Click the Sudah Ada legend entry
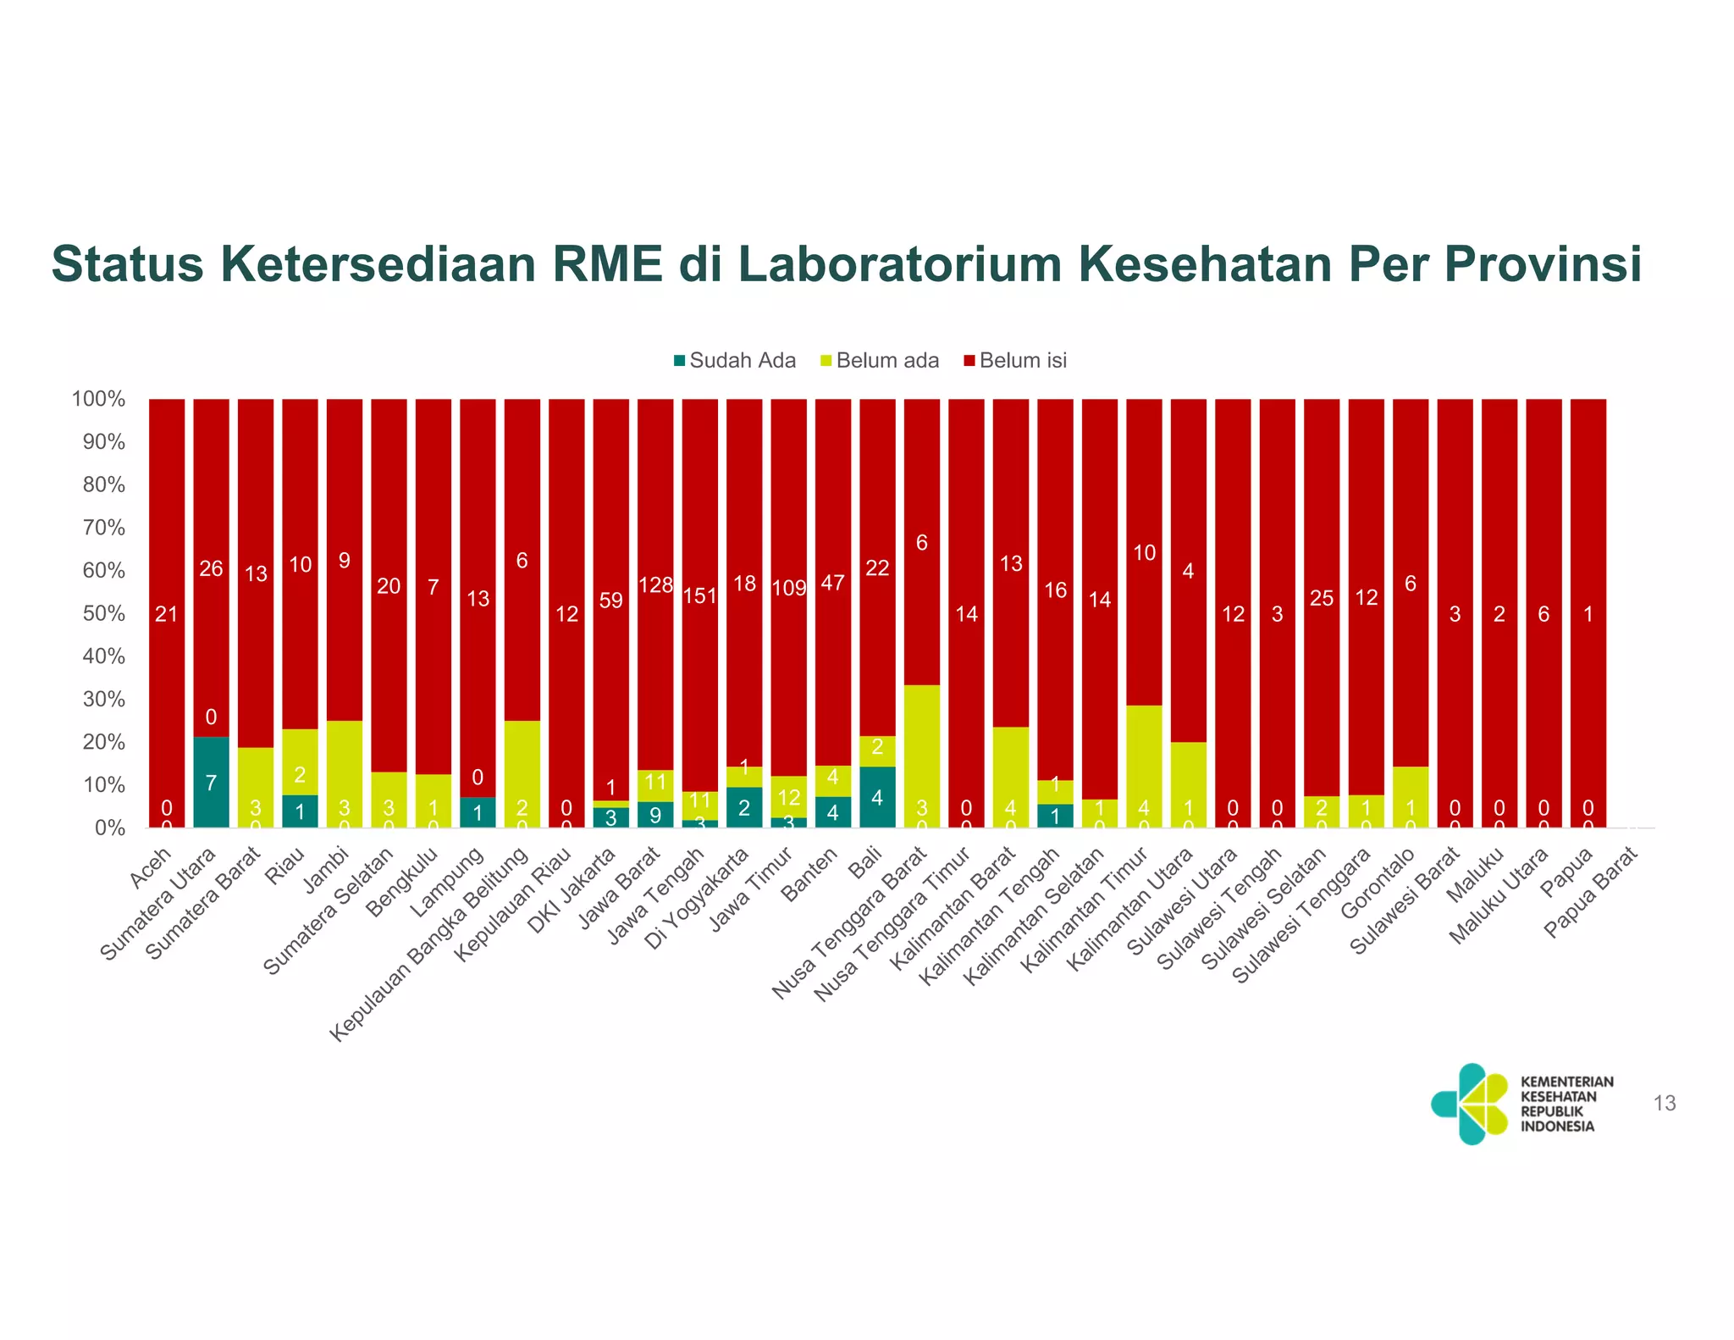pyautogui.click(x=734, y=361)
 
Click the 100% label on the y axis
pyautogui.click(x=99, y=399)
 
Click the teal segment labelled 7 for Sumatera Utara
pyautogui.click(x=211, y=783)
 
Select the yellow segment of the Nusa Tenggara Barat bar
pyautogui.click(x=922, y=756)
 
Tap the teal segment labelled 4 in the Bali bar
pyautogui.click(x=877, y=797)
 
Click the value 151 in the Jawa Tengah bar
pyautogui.click(x=700, y=595)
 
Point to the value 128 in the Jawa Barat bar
pyautogui.click(x=655, y=585)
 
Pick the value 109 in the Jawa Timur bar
pyautogui.click(x=789, y=588)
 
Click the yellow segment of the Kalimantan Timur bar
pyautogui.click(x=1144, y=766)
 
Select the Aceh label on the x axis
pyautogui.click(x=151, y=867)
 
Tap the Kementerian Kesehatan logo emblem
pyautogui.click(x=1471, y=1104)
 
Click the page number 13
pyautogui.click(x=1664, y=1104)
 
